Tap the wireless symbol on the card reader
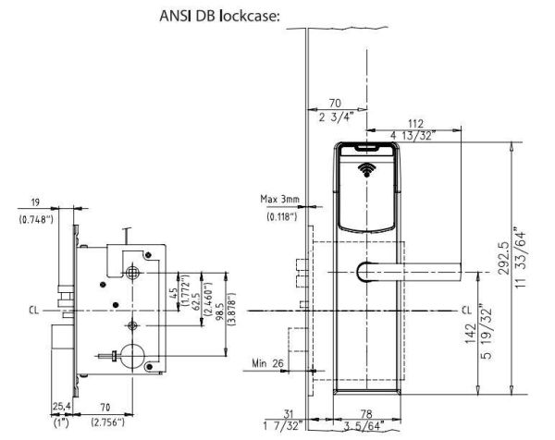(x=369, y=171)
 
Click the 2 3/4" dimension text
(x=335, y=118)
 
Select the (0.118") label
(x=278, y=216)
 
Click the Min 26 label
(x=267, y=363)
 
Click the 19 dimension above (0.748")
(x=35, y=204)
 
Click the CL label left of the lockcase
(x=35, y=309)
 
